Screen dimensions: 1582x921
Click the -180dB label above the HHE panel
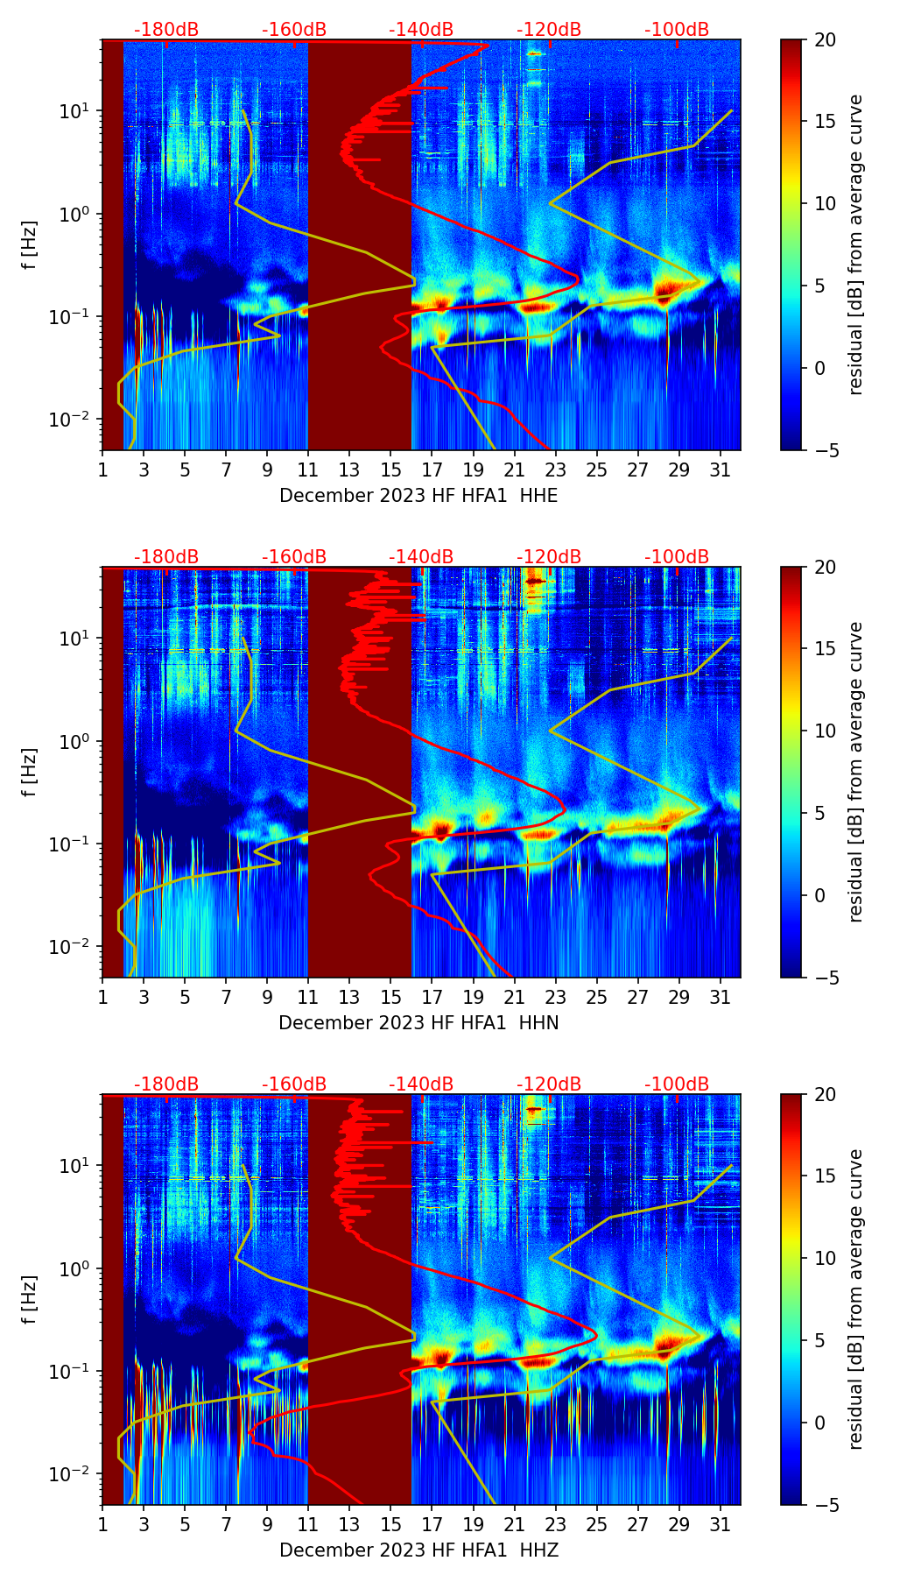click(166, 30)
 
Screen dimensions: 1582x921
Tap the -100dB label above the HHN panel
click(677, 557)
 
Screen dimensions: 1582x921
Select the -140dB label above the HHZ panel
click(421, 1084)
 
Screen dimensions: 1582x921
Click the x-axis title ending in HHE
click(418, 496)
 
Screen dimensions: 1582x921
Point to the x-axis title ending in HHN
click(418, 1023)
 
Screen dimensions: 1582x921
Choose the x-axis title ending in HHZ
click(418, 1550)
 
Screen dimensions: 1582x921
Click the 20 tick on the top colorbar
click(825, 40)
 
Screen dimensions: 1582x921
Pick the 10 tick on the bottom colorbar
click(825, 1259)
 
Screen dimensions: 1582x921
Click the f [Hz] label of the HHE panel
click(30, 245)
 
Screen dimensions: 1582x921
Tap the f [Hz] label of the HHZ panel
click(30, 1300)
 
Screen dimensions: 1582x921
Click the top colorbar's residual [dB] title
click(856, 245)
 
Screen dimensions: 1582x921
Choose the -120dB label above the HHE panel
click(549, 30)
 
